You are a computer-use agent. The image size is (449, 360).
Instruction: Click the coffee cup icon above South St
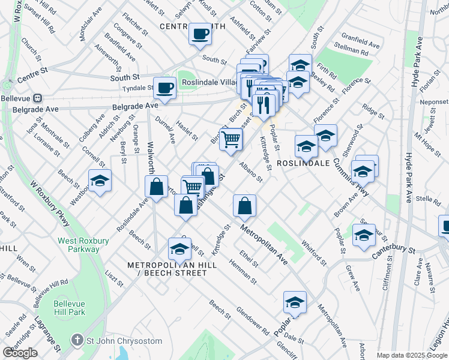200,34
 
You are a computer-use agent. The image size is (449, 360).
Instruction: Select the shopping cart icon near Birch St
231,140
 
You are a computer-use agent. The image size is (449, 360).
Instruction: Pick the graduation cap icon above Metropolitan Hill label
179,248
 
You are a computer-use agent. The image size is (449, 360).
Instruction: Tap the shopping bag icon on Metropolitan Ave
245,206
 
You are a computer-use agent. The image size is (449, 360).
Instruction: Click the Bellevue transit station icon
37,97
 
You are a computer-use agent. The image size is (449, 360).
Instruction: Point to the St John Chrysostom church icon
77,341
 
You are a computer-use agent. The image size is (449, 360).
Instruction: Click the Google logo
20,353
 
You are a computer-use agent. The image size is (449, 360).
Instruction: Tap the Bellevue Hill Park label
69,308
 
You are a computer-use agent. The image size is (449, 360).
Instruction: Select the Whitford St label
314,253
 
